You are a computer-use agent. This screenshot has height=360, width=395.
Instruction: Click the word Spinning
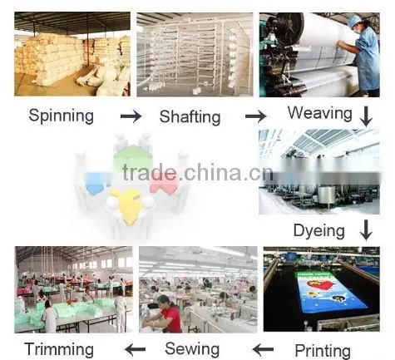(x=61, y=116)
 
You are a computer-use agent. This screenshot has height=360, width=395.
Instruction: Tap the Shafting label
(x=190, y=116)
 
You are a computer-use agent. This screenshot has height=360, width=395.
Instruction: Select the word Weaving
(x=320, y=113)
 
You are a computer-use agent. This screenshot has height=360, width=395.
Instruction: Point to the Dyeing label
(x=319, y=231)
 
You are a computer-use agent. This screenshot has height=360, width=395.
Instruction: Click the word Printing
(x=323, y=351)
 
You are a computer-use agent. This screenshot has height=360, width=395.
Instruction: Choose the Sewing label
(x=192, y=348)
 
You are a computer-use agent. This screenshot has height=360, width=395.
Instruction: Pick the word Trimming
(x=59, y=349)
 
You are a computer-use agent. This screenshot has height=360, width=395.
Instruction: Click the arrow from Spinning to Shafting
(x=131, y=116)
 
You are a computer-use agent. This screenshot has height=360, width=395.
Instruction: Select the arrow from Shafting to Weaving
(x=255, y=116)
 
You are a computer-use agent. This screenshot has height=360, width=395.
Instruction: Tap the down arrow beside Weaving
(x=366, y=116)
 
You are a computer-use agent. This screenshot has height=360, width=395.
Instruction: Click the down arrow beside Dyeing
(x=366, y=230)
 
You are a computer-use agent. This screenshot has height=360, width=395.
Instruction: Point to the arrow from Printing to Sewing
(x=263, y=349)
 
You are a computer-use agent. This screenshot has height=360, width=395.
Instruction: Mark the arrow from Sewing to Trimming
(x=135, y=349)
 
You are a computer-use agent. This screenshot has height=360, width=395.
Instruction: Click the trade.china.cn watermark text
(x=197, y=172)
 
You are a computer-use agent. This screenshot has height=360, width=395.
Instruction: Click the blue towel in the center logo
(x=96, y=183)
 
